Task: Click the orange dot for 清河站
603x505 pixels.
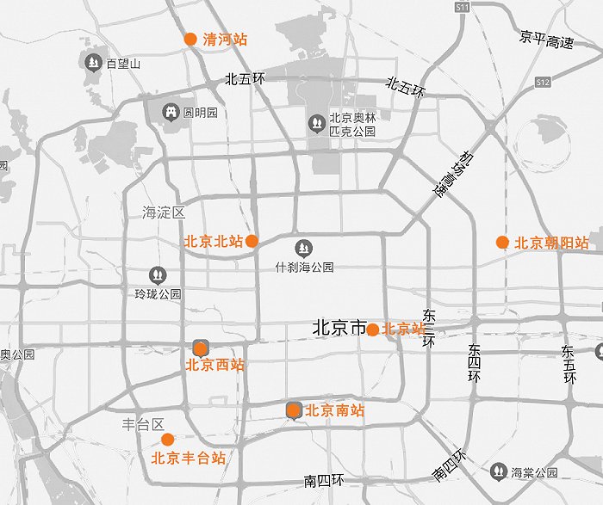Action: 190,39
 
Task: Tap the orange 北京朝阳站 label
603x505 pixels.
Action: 551,243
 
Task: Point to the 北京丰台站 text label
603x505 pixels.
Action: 189,459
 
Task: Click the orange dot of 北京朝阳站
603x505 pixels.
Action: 502,243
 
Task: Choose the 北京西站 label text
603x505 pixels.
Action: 215,365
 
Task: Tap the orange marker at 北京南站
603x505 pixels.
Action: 294,410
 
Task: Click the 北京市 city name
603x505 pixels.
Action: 339,328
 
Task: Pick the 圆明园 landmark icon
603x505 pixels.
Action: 171,113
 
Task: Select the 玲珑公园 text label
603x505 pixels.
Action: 158,293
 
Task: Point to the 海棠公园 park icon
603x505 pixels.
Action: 499,471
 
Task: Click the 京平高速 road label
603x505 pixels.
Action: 546,39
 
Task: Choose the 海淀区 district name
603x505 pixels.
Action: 164,212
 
